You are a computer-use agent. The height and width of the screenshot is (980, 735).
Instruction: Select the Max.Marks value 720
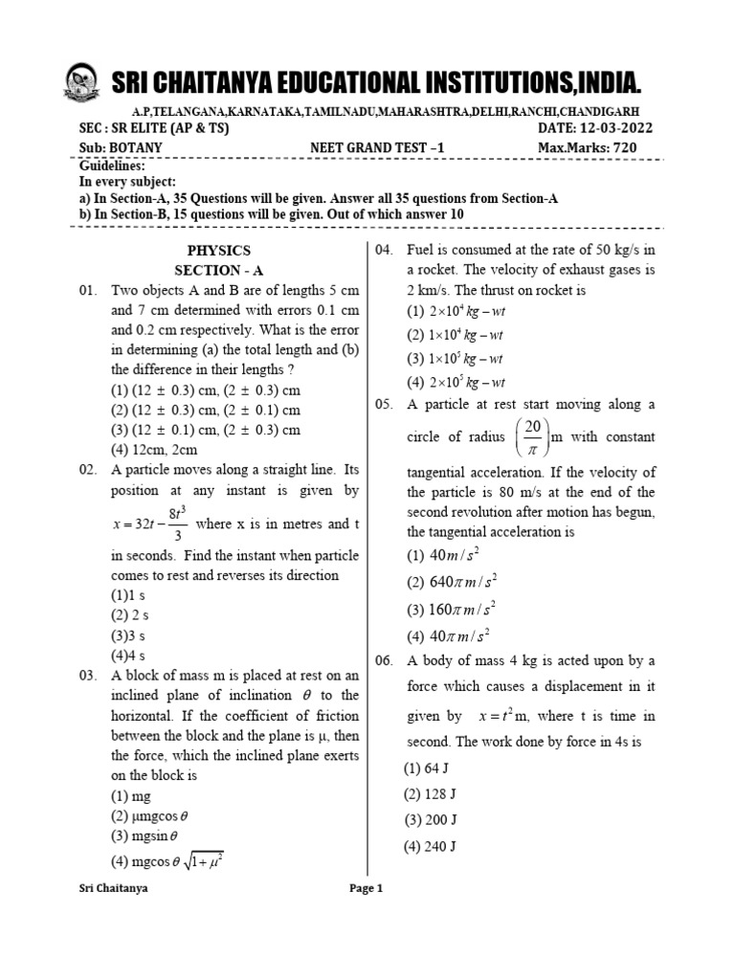pos(621,147)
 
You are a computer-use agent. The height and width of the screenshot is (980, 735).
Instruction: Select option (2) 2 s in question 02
pos(129,615)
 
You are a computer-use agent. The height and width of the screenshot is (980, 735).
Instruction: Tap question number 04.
pos(384,250)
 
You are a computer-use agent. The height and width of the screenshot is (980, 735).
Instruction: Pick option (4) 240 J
pos(429,846)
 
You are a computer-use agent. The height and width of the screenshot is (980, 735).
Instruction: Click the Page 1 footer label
pos(367,888)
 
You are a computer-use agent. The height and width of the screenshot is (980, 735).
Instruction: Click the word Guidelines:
pos(109,165)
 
